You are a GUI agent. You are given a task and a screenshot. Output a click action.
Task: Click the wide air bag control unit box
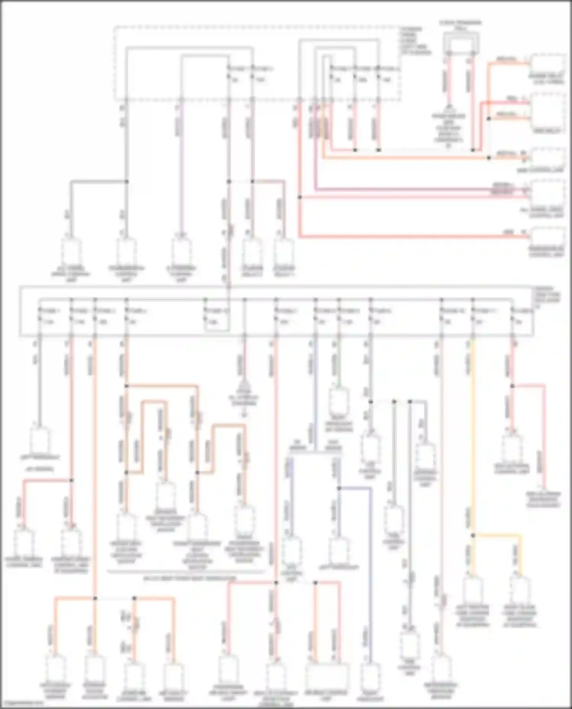(327, 675)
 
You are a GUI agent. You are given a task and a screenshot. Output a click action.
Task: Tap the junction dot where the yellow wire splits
(473, 535)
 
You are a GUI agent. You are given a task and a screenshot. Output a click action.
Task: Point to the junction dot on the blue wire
(339, 488)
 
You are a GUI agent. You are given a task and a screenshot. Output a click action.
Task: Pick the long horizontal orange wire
(404, 158)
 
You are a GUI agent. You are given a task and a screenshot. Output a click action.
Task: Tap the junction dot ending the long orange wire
(489, 158)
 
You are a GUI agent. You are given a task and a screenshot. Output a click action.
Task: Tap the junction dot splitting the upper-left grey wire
(127, 182)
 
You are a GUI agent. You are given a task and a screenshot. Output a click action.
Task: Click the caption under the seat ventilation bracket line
(187, 578)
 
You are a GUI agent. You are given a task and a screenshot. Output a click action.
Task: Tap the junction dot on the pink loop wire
(512, 386)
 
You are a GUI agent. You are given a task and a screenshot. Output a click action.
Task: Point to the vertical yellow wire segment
(473, 438)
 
